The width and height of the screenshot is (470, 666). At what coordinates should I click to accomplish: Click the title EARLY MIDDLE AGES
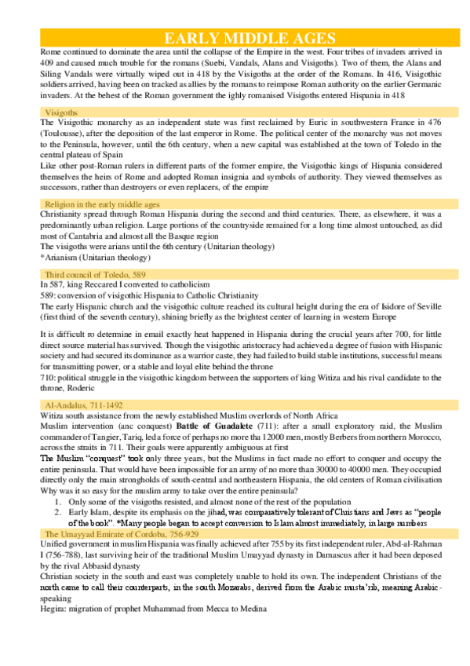(250, 38)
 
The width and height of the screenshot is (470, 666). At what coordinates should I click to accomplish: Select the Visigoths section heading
(61, 113)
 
